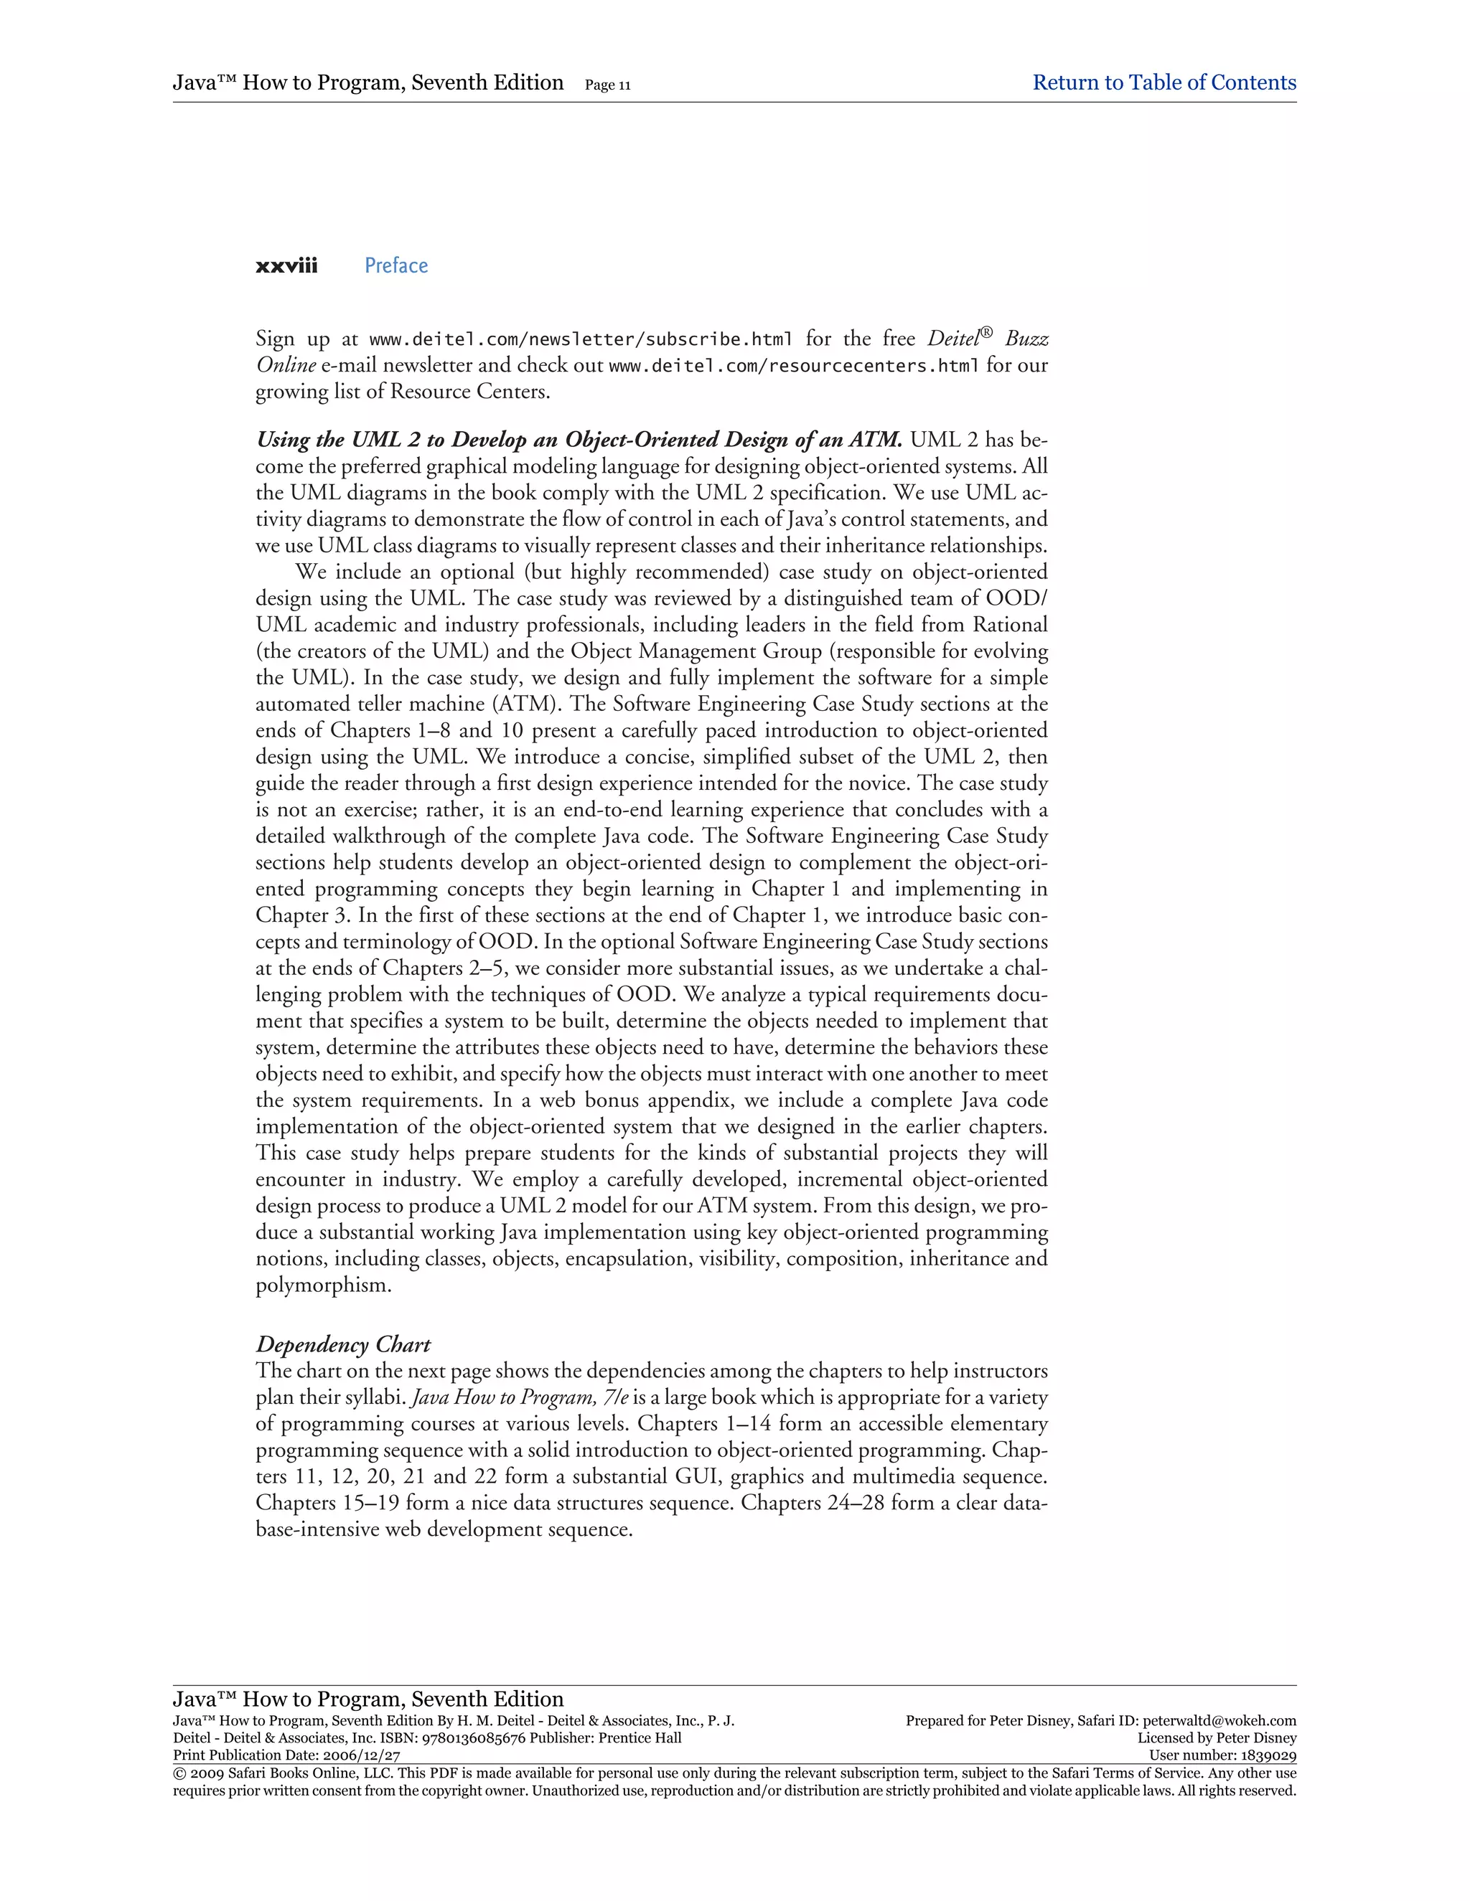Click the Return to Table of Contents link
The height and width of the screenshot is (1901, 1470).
tap(1164, 82)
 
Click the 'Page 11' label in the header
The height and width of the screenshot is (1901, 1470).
tap(608, 85)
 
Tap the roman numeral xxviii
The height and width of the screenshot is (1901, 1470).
tap(286, 266)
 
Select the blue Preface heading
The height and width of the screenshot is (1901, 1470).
tap(396, 266)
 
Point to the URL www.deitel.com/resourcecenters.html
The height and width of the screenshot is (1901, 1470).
tap(793, 367)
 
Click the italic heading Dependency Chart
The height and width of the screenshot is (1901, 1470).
tap(343, 1345)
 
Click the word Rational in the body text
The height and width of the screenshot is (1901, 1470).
tap(1009, 625)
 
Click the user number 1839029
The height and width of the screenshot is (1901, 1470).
tap(1266, 1755)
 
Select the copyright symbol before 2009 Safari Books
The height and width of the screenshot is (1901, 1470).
tap(179, 1773)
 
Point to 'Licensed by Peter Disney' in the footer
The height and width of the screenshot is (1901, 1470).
tap(1217, 1737)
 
